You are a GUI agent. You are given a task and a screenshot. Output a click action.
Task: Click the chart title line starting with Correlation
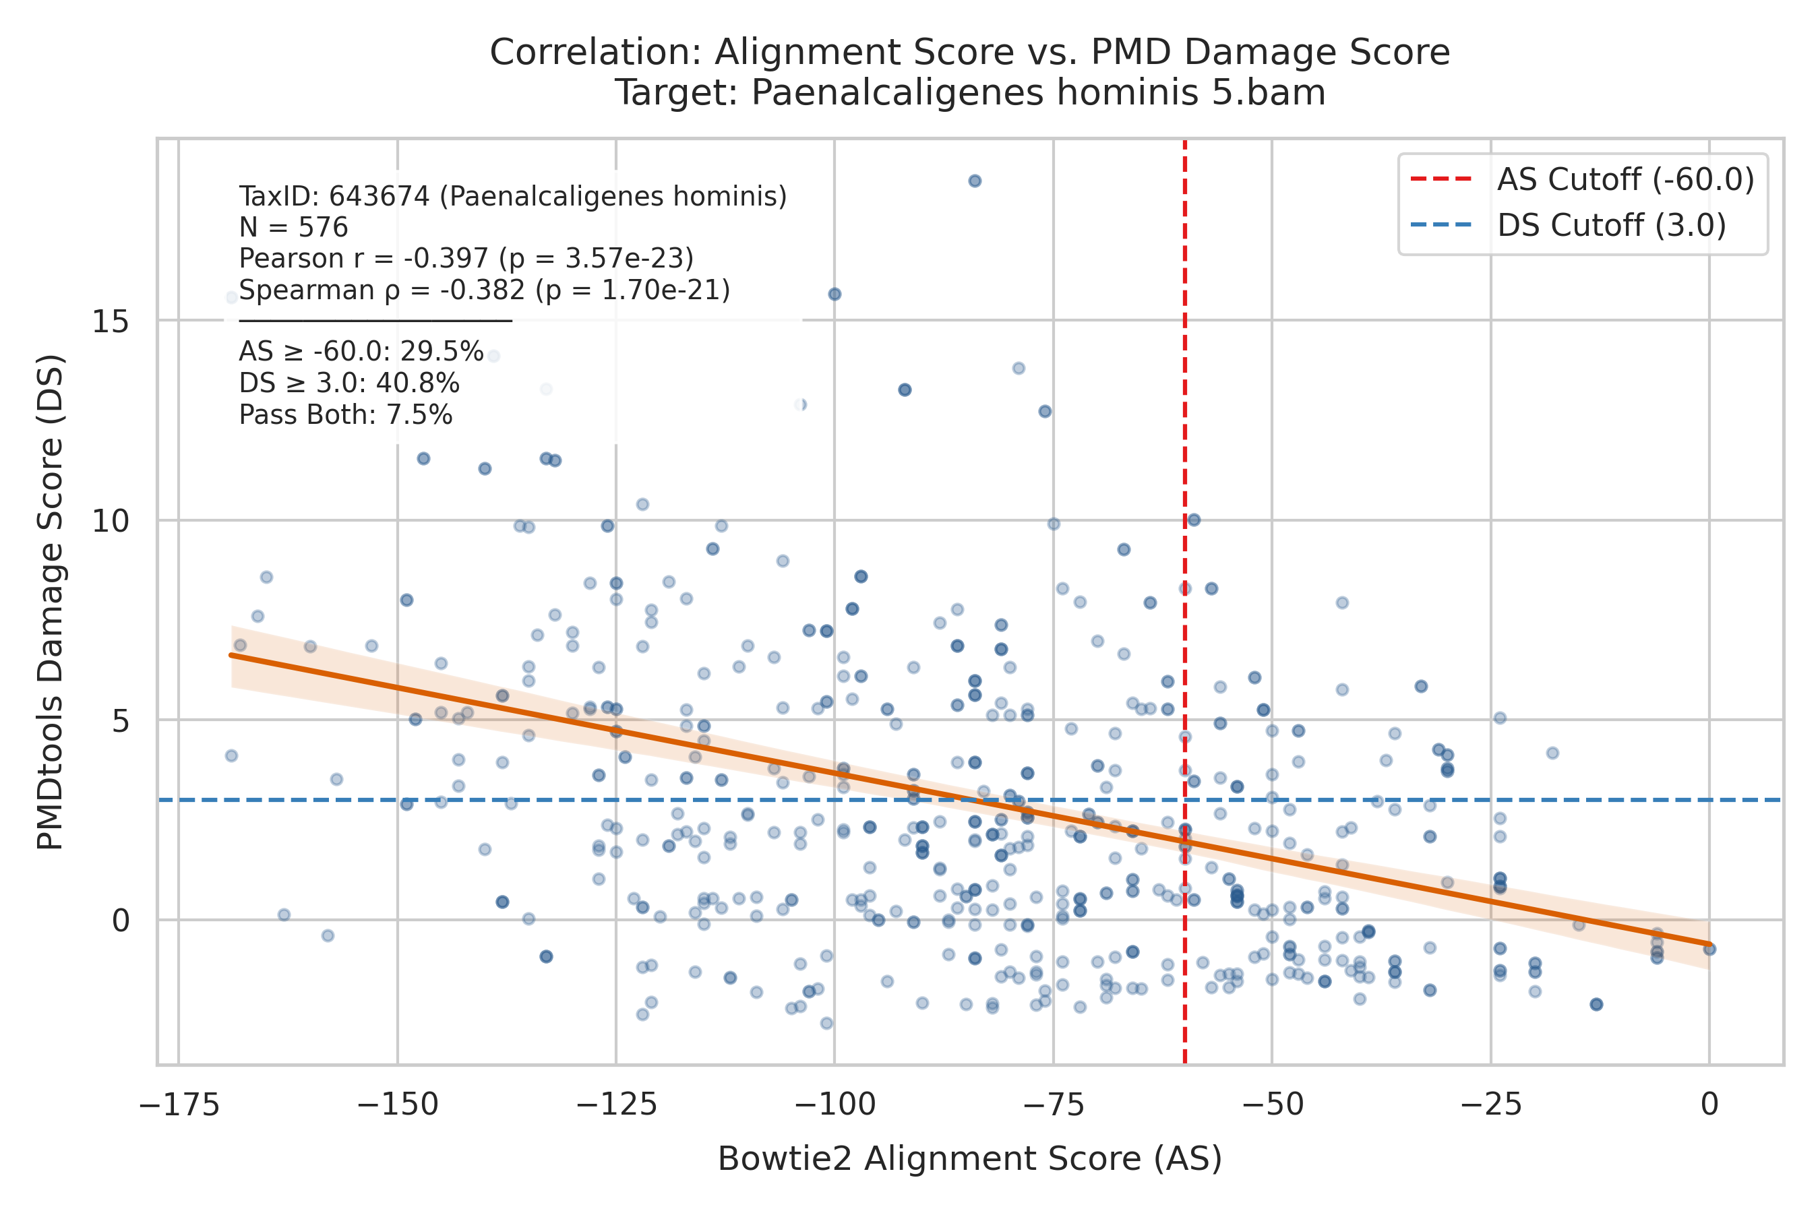(969, 53)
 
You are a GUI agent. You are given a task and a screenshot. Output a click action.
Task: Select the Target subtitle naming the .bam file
(969, 93)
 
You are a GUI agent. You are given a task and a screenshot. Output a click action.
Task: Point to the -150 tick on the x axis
(397, 1104)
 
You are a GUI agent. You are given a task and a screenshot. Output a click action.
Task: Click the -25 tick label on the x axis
(1490, 1104)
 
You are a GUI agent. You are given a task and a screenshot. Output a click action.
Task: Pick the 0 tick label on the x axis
(1709, 1104)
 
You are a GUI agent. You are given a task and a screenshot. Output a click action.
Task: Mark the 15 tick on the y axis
(111, 320)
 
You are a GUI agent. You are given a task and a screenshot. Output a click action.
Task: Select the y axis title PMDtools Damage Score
(51, 601)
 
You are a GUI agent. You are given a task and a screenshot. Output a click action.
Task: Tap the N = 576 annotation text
(293, 228)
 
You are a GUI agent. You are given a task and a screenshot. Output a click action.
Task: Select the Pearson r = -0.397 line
(466, 258)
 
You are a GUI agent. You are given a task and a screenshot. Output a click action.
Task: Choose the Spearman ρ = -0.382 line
(485, 290)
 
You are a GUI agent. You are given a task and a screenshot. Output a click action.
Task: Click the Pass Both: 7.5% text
(345, 414)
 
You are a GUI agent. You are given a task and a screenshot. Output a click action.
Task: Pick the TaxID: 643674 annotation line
(512, 197)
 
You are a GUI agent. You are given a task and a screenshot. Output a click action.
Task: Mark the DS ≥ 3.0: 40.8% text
(349, 383)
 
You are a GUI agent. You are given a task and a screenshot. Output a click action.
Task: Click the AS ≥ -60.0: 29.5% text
(361, 351)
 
